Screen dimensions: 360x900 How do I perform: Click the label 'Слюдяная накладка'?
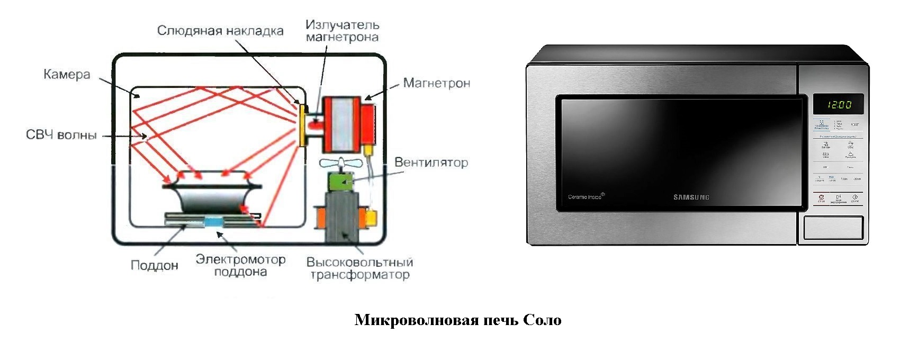click(220, 31)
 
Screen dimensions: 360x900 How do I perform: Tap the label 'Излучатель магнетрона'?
click(342, 31)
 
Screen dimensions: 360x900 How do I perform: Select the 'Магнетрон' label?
click(436, 83)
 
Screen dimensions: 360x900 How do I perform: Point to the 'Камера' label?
click(67, 75)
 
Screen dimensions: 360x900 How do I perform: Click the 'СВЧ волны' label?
click(61, 135)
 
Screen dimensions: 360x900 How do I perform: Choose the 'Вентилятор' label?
click(431, 162)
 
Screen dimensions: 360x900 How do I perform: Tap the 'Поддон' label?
click(154, 265)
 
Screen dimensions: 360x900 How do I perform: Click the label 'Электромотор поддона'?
click(240, 266)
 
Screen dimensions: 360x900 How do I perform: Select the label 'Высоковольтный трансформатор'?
click(359, 268)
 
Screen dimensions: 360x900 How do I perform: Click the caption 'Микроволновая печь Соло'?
click(458, 320)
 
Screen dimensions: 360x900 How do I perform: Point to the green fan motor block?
click(340, 182)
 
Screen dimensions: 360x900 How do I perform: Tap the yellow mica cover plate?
click(302, 125)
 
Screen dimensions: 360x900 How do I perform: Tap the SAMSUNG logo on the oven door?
click(691, 197)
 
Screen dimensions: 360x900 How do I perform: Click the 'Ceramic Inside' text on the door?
click(586, 197)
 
